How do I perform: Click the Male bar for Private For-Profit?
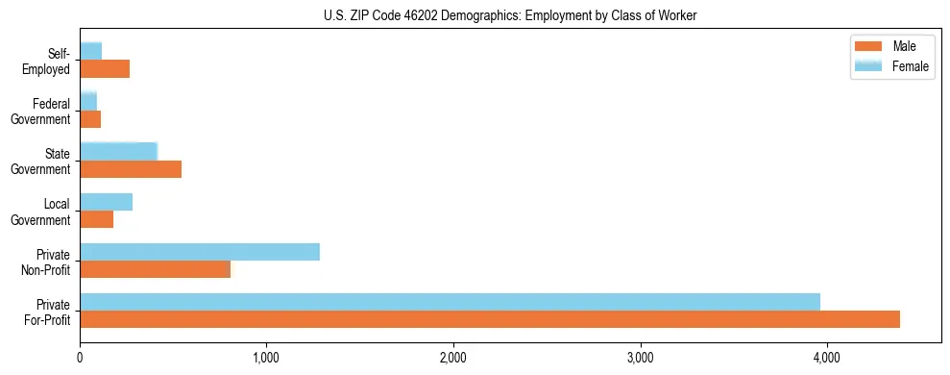click(490, 319)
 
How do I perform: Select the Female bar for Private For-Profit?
click(450, 302)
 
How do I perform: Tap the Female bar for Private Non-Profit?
click(200, 252)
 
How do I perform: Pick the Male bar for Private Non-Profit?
click(156, 269)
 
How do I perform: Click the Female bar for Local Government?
click(107, 202)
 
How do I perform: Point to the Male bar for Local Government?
click(97, 219)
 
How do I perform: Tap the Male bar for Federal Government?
click(90, 119)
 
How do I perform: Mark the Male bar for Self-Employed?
click(105, 69)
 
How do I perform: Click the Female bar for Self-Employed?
click(91, 51)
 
